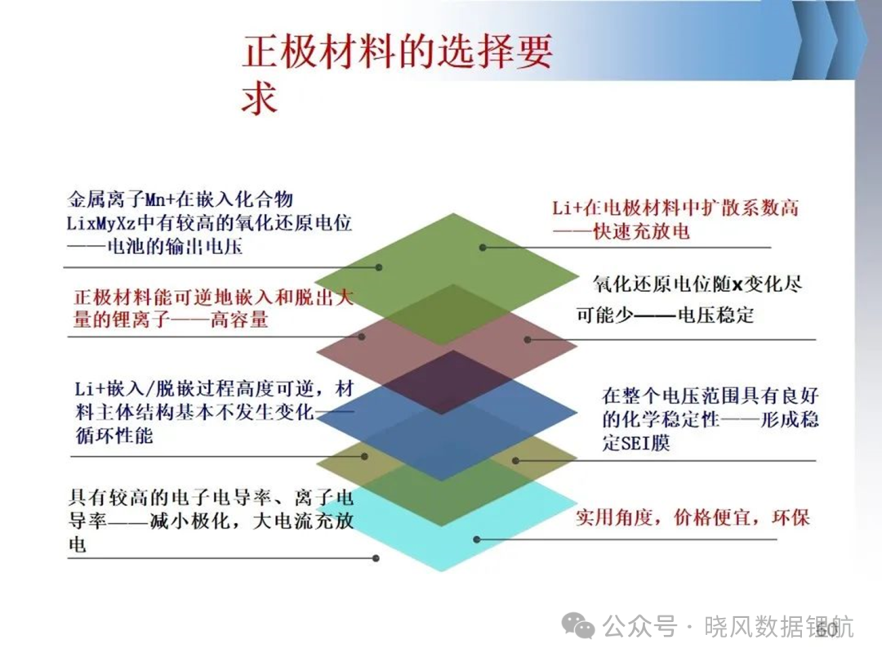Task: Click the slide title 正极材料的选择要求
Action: (397, 74)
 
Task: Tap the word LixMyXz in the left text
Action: (101, 223)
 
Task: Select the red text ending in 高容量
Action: (213, 308)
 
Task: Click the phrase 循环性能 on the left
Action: (114, 435)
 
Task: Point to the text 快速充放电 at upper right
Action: (642, 231)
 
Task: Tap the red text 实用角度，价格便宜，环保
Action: (693, 517)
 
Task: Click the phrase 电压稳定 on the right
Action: (715, 315)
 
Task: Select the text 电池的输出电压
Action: (175, 247)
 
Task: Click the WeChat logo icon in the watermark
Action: (579, 625)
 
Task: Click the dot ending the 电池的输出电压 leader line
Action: (379, 267)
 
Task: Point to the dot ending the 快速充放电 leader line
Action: (483, 247)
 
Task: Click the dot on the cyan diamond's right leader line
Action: (476, 539)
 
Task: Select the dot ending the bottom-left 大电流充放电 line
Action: (376, 558)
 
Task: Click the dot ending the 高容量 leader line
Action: (362, 337)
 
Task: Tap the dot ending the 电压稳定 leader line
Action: (527, 339)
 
